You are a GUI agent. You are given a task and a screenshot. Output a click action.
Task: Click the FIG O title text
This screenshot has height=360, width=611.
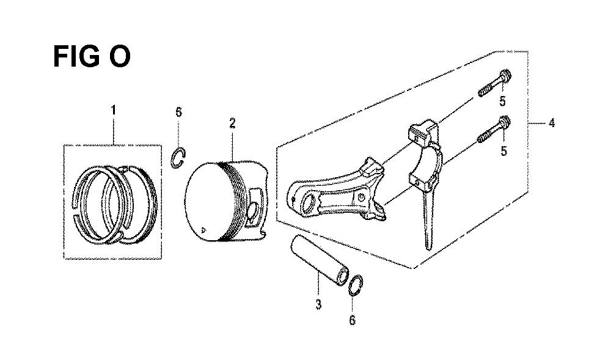pos(92,56)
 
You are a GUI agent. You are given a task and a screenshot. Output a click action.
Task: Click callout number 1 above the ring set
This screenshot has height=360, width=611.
pos(114,110)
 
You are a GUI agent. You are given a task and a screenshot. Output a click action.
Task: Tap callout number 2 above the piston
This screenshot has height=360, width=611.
pos(232,124)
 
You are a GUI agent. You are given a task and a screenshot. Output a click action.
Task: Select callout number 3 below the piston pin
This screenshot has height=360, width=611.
pos(318,304)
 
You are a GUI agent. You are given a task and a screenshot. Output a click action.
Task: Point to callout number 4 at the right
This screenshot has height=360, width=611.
pos(551,123)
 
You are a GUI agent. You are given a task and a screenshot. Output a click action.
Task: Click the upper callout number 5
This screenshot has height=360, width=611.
pos(503,101)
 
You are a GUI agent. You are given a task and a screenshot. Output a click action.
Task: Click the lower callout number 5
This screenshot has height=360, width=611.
pos(504,151)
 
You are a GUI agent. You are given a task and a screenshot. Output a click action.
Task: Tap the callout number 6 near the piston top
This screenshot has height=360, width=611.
pos(178,112)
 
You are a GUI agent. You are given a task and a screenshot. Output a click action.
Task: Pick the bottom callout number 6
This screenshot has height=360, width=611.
pos(353,320)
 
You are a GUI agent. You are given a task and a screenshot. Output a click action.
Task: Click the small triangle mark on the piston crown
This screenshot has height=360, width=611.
pos(202,230)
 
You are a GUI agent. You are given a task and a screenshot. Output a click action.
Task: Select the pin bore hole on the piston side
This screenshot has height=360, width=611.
pos(254,212)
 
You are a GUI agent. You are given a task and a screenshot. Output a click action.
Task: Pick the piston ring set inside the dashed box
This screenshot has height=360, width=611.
pos(115,205)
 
